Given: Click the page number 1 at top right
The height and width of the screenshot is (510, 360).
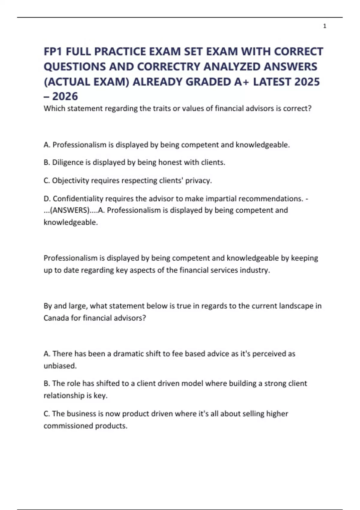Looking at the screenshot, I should (x=325, y=26).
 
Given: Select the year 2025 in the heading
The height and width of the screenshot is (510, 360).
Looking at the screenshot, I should (x=307, y=82).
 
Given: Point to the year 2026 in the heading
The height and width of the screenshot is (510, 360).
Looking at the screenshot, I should (x=65, y=96).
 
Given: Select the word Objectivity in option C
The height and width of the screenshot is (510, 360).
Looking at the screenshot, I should (x=70, y=181).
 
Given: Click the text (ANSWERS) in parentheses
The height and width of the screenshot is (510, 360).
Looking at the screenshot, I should (x=70, y=210).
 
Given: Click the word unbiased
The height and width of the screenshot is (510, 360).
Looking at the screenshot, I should (x=60, y=366).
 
